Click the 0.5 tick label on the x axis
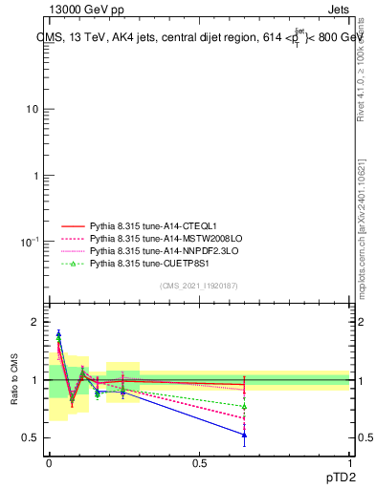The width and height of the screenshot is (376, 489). [199, 462]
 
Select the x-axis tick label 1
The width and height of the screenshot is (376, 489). [349, 462]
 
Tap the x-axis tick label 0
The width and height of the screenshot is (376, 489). [49, 462]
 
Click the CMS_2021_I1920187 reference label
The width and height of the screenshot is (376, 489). [199, 286]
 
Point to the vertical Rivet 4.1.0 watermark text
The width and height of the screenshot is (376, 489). [361, 67]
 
